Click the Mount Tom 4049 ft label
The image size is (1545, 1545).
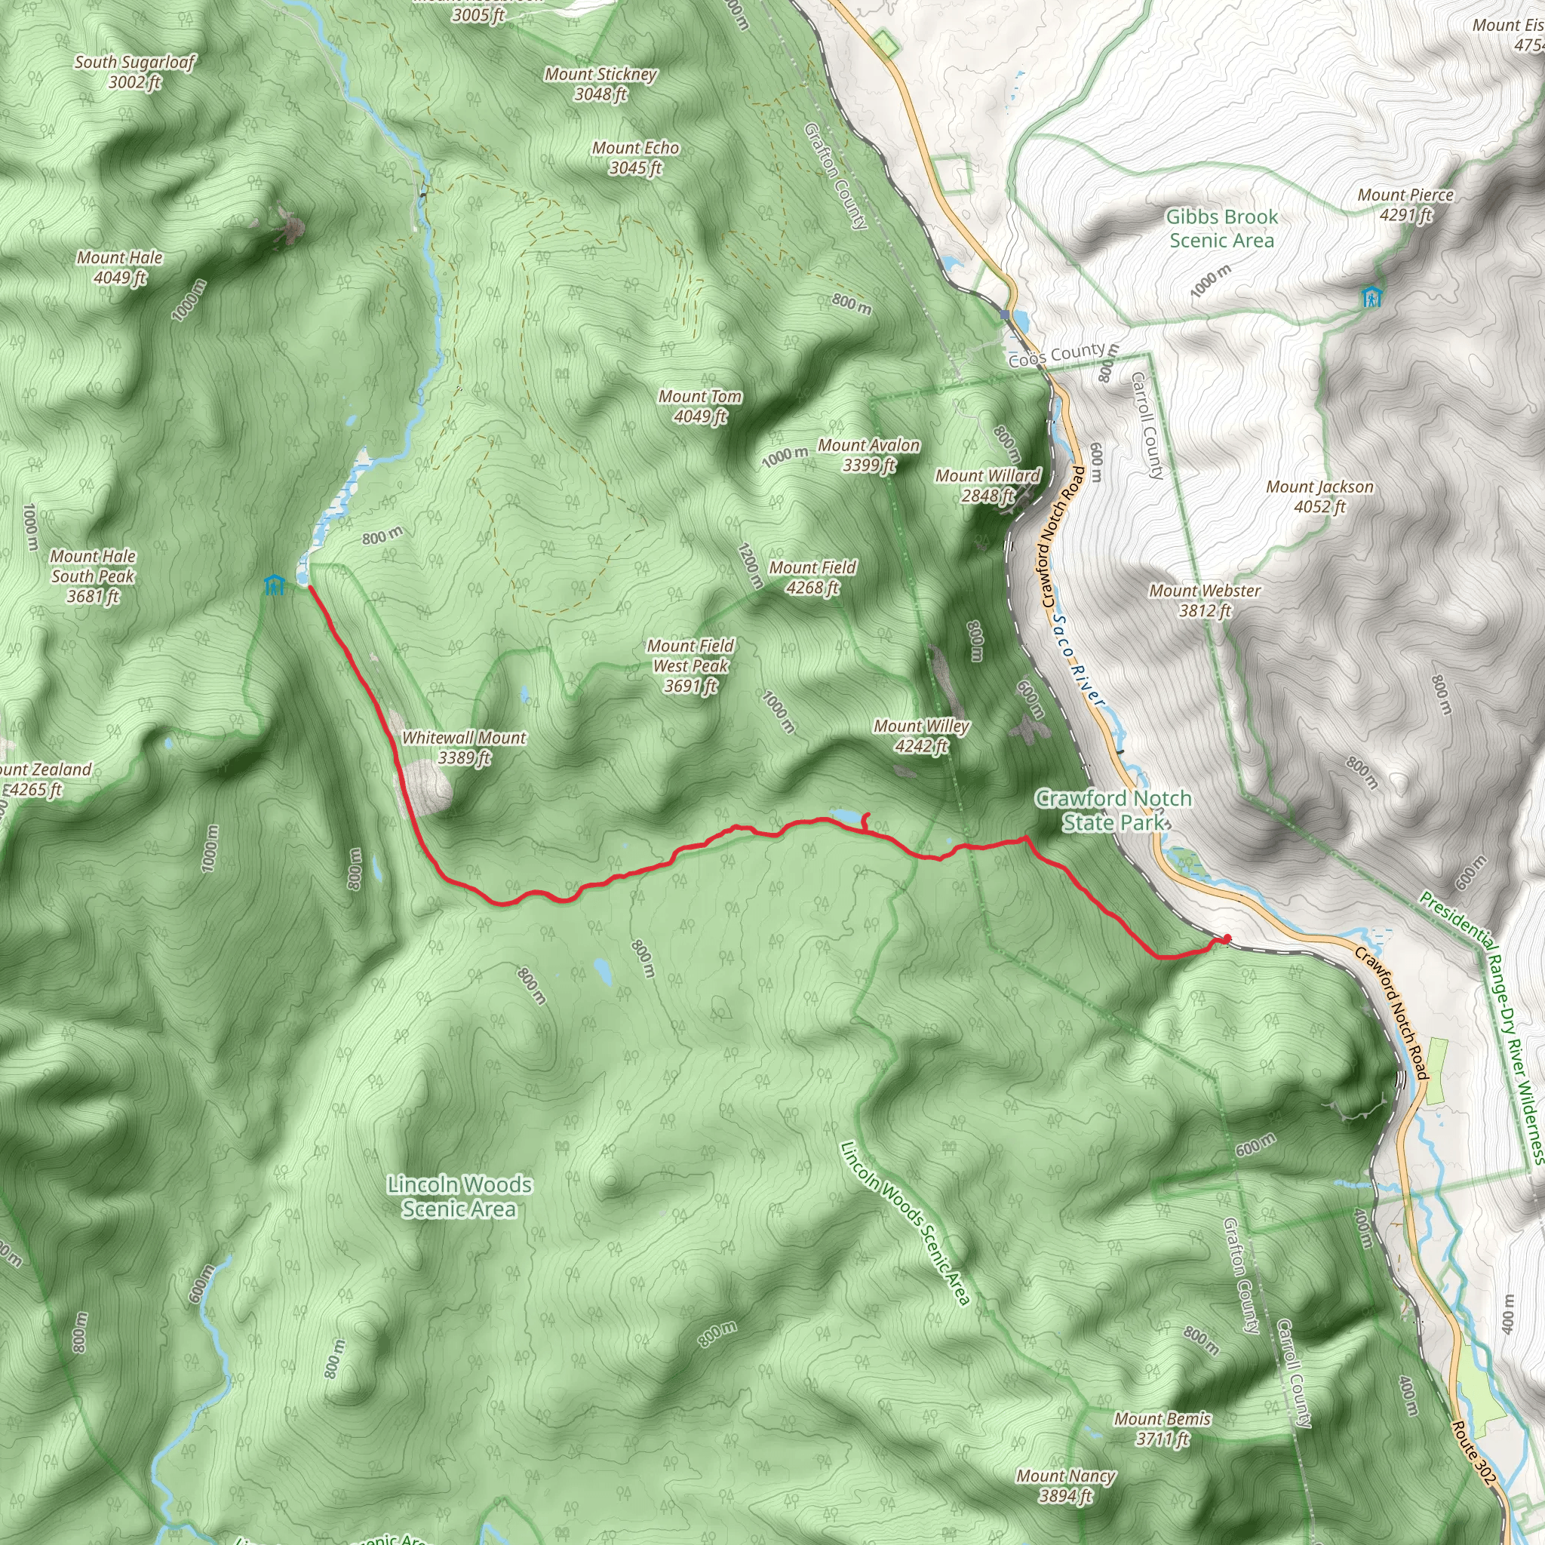[700, 407]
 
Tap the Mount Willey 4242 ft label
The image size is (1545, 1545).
[921, 736]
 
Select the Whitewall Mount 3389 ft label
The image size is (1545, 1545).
[464, 747]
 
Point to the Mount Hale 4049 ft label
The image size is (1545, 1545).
[120, 267]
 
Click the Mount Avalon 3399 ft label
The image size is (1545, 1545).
[868, 455]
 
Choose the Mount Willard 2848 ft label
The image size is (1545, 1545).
[988, 485]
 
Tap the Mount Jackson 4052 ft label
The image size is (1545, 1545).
[1319, 496]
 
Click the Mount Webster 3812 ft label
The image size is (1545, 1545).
[1204, 600]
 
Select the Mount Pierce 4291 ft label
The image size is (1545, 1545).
[1405, 204]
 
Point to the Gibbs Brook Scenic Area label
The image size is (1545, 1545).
[1221, 229]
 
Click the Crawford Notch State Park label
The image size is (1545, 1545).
[1113, 810]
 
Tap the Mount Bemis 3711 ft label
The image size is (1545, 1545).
[1162, 1428]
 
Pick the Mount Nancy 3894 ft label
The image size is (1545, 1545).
[1065, 1486]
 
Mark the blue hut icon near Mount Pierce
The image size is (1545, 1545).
[1371, 297]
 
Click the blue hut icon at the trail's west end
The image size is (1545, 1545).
[275, 585]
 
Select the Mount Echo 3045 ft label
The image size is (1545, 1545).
[636, 158]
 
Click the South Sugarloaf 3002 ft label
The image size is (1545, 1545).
[134, 71]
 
